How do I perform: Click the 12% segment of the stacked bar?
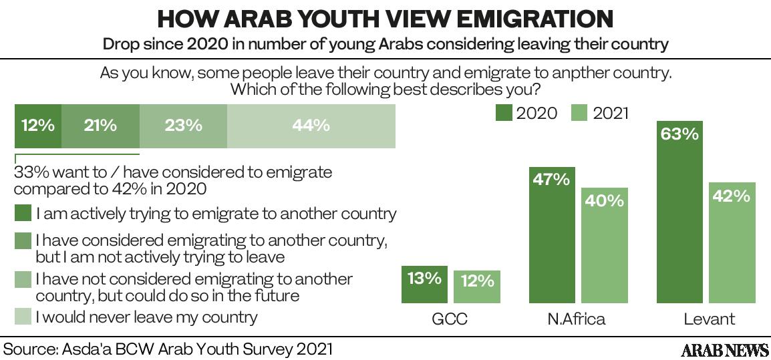[x=37, y=125]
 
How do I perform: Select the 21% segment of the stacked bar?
[x=100, y=125]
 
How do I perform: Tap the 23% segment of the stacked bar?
[x=183, y=125]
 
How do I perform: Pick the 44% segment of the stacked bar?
[x=311, y=125]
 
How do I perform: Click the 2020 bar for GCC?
[x=424, y=285]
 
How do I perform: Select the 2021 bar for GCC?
[x=476, y=287]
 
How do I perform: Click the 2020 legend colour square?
[x=504, y=113]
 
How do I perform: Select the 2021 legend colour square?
[x=580, y=113]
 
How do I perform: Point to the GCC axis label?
[x=449, y=319]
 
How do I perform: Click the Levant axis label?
[x=709, y=319]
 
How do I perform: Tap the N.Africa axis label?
[x=576, y=319]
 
